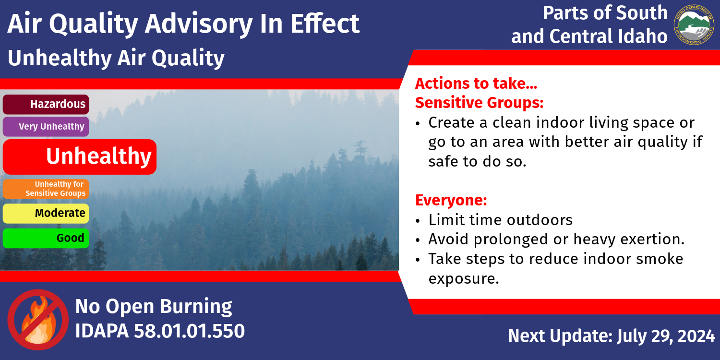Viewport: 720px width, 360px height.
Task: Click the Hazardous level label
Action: click(46, 105)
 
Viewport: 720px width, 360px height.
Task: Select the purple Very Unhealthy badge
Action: click(46, 127)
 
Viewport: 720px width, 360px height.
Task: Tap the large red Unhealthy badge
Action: click(79, 157)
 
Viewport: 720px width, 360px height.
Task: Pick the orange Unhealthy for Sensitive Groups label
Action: click(46, 189)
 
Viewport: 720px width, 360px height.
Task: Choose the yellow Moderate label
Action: click(46, 214)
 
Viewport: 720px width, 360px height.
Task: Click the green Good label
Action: click(46, 238)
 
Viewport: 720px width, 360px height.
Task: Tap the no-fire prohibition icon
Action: click(38, 320)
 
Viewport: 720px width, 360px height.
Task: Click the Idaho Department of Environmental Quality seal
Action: click(694, 25)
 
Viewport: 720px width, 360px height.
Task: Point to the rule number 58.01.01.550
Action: click(189, 331)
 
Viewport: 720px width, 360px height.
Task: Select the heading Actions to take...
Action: click(476, 84)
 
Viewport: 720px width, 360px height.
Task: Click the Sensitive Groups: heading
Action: click(479, 103)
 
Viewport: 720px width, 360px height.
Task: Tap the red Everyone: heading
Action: click(451, 200)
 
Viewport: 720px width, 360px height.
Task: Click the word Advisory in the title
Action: click(198, 24)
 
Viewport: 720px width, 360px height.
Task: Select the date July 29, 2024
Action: click(666, 336)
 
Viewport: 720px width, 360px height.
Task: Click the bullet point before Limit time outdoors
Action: click(418, 221)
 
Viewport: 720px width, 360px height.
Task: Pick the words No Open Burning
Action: click(154, 306)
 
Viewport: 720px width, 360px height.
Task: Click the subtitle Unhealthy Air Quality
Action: click(116, 58)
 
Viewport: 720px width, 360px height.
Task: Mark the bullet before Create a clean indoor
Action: click(418, 124)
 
